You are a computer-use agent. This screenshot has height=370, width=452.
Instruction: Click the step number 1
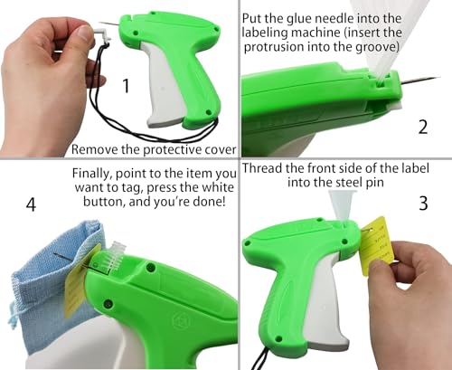127,86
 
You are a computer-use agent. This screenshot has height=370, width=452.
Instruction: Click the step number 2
423,127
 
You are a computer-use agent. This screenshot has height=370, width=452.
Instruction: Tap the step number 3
423,203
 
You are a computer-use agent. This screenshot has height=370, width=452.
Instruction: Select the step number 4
31,204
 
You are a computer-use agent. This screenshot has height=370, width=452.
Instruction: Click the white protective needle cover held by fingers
101,33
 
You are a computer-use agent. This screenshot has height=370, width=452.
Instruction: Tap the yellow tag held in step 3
374,245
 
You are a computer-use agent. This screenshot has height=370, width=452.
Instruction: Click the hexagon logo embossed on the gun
181,319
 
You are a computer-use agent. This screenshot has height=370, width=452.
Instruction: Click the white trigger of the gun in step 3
325,301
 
